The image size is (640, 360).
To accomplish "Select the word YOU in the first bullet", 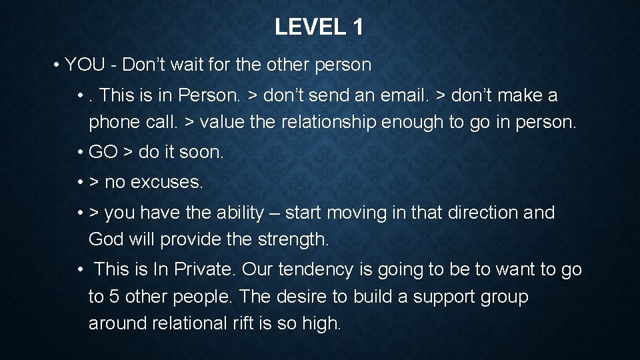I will point(85,65).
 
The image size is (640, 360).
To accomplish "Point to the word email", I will point(404,95).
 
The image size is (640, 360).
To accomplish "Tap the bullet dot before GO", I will point(79,152).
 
